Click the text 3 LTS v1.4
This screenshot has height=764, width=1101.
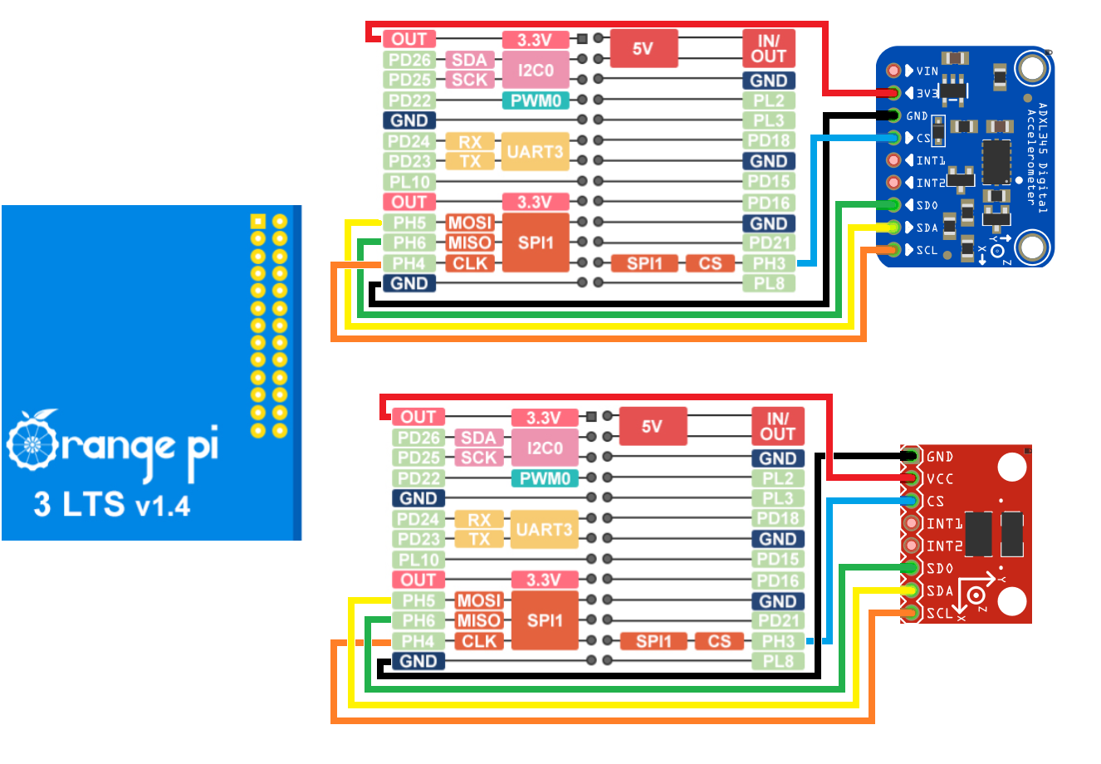(112, 504)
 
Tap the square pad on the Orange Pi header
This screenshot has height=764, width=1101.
(257, 221)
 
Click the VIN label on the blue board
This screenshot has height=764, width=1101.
(927, 71)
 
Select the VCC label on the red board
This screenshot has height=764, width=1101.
(940, 479)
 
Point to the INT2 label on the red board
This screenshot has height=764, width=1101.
(944, 546)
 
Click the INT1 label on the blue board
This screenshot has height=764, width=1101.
(930, 160)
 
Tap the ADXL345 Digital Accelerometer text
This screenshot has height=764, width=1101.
(1037, 158)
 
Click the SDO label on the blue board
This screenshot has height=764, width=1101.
(927, 205)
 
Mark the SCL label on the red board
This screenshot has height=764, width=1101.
(939, 614)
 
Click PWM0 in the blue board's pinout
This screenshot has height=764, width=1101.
(536, 100)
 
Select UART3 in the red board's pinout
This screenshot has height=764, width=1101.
(544, 529)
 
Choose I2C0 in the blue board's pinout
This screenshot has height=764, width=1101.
(536, 70)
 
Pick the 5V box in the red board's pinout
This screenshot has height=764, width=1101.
(652, 427)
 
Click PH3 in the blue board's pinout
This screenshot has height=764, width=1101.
(769, 263)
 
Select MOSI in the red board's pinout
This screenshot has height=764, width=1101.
(479, 600)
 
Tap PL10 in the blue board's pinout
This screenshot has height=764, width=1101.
(409, 181)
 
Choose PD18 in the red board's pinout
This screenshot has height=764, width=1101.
(778, 519)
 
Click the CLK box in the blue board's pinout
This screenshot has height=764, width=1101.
(470, 263)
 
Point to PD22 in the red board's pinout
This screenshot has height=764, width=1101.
(418, 478)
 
